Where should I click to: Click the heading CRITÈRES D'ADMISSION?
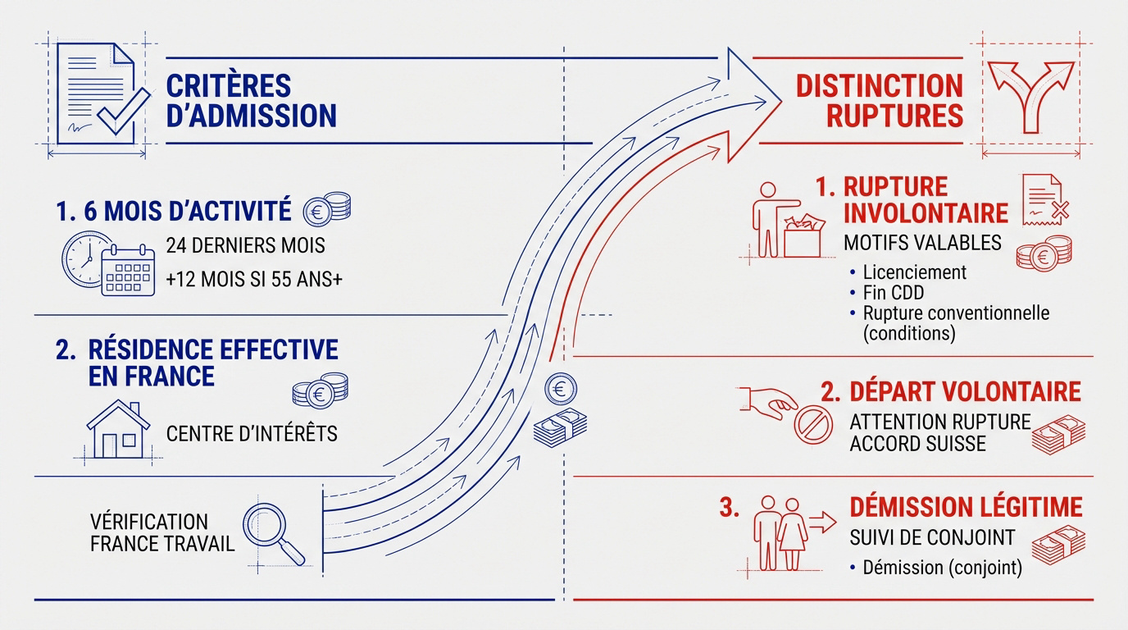click(x=251, y=100)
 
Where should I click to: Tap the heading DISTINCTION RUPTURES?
click(x=879, y=100)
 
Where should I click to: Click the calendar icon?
click(x=127, y=270)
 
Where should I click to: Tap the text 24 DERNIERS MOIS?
click(x=245, y=244)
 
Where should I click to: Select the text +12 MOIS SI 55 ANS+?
click(x=253, y=279)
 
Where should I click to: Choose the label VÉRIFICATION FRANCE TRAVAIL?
click(x=161, y=532)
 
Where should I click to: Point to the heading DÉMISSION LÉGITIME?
click(x=966, y=506)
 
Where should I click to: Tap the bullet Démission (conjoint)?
click(x=942, y=568)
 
